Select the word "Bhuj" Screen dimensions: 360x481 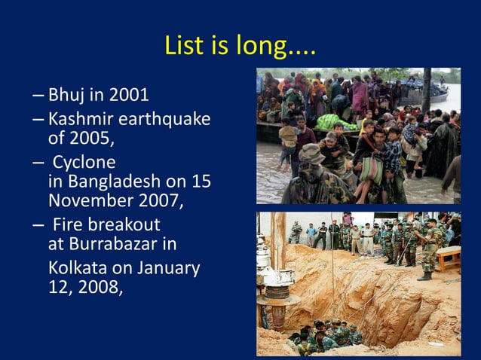66,96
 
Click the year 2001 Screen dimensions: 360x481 128,96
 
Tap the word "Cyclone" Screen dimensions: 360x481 84,163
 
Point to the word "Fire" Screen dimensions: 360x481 68,225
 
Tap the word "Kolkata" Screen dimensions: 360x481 75,268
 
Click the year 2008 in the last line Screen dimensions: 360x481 99,287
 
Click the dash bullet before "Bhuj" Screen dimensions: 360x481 38,96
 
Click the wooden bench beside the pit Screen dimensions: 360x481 448,255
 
